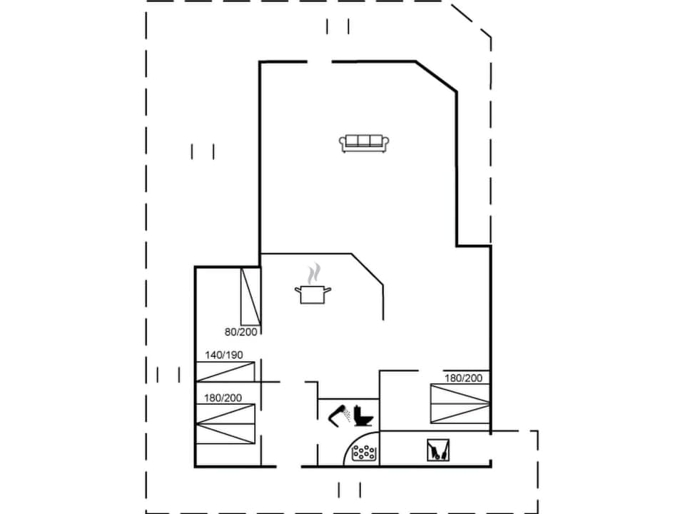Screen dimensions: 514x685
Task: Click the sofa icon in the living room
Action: (364, 143)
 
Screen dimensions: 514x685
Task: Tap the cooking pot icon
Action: (313, 293)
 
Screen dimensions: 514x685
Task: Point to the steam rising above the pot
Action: (314, 273)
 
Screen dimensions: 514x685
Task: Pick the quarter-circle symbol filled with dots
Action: (365, 452)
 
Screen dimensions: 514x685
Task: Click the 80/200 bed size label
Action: (241, 331)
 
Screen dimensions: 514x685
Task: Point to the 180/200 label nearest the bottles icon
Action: (464, 378)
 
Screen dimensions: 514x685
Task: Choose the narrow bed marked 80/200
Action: (250, 296)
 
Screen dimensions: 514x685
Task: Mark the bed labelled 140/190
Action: (225, 371)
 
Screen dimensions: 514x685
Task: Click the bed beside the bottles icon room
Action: (460, 403)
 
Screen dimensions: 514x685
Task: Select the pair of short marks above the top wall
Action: (338, 26)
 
